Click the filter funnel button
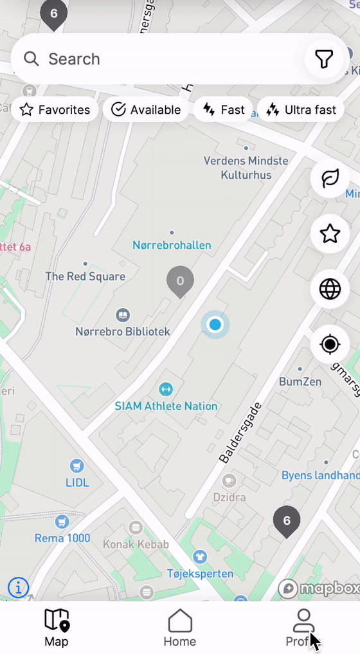click(x=324, y=59)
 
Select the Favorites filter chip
click(x=55, y=110)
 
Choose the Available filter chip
click(x=146, y=110)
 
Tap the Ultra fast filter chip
click(x=301, y=110)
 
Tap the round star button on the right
click(x=330, y=233)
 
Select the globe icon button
click(x=330, y=289)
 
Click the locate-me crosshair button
click(x=330, y=345)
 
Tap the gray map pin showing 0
click(x=180, y=281)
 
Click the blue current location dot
click(x=215, y=325)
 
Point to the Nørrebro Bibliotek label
click(x=123, y=332)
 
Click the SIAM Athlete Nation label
click(x=166, y=406)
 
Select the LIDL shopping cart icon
click(x=77, y=466)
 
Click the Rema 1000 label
click(x=63, y=538)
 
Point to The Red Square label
click(x=85, y=277)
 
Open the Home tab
click(x=180, y=628)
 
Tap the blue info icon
click(x=18, y=587)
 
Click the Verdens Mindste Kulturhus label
click(x=246, y=167)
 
